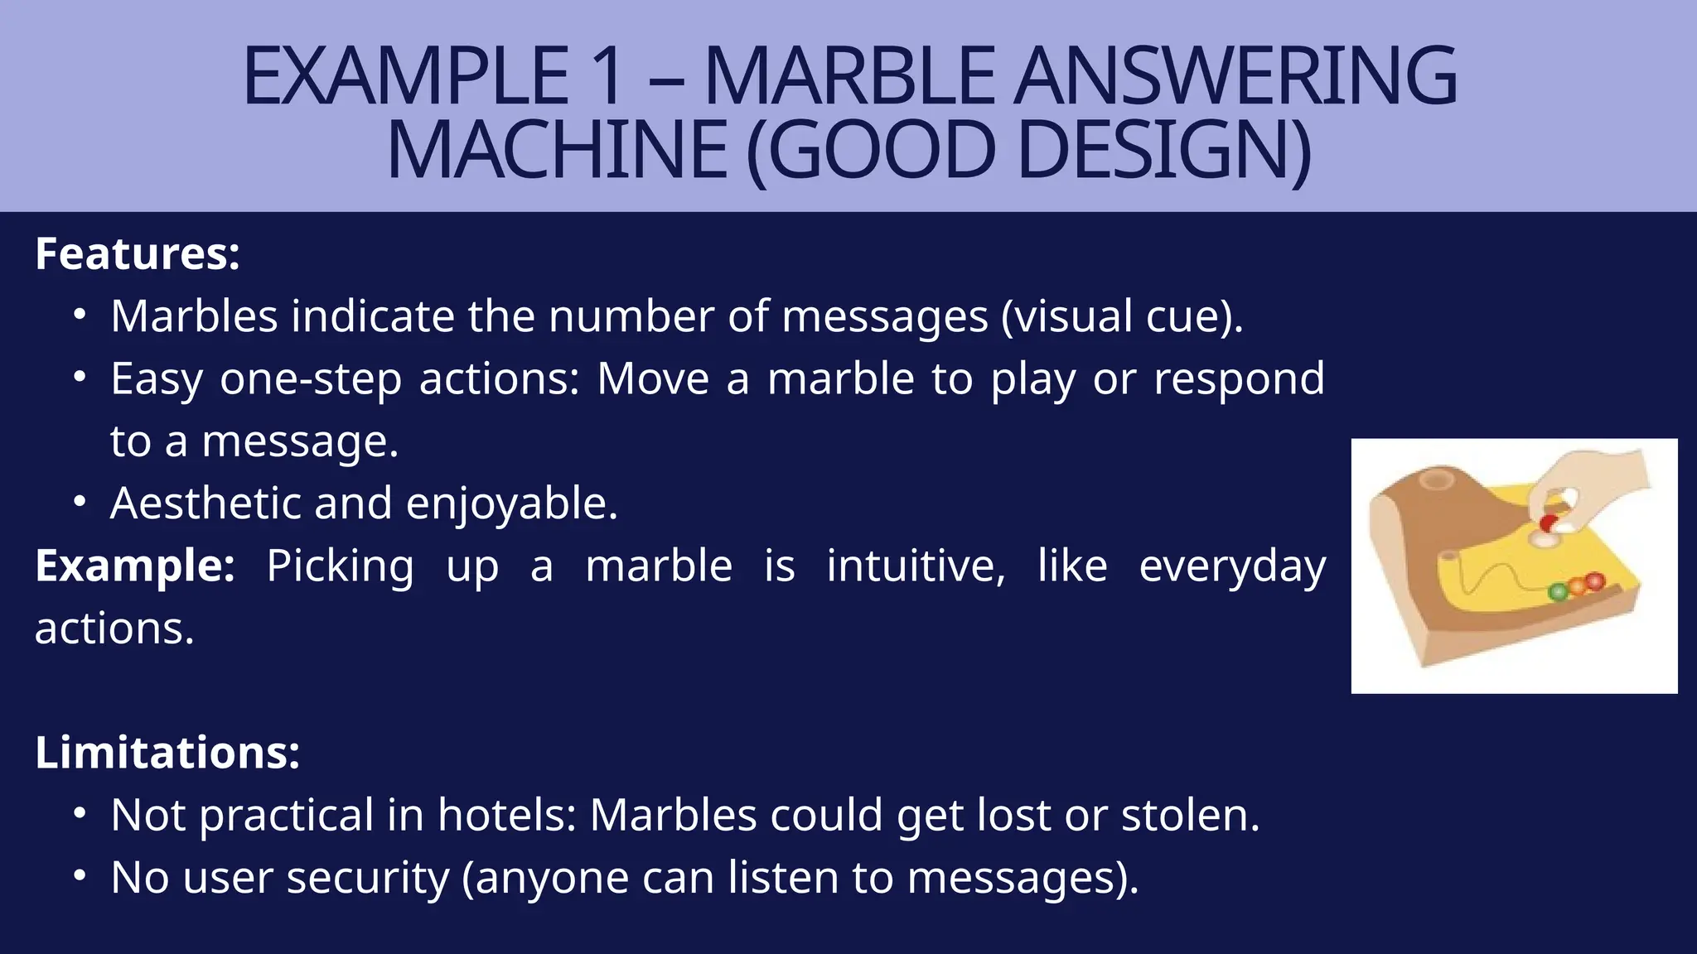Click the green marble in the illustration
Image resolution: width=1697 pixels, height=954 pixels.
[1558, 591]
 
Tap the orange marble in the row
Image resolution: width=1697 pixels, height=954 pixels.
[1576, 585]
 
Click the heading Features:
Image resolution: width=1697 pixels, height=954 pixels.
[138, 253]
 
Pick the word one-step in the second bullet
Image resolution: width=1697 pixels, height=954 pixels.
[311, 378]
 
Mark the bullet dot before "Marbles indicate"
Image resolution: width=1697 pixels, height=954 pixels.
[80, 316]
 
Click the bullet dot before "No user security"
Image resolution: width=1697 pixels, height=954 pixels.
[80, 876]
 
